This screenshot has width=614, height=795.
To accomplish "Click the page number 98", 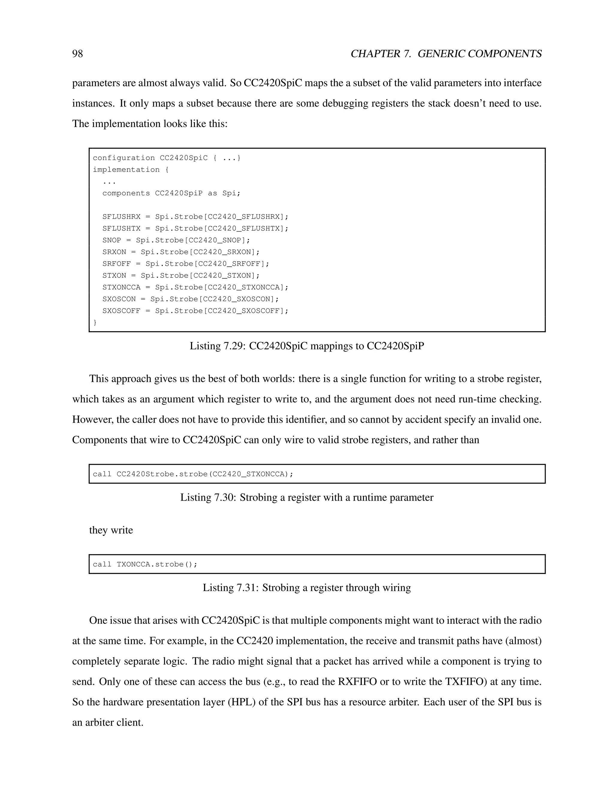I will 77,54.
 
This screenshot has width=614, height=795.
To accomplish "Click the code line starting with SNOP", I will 176,240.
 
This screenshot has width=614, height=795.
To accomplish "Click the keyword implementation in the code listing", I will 126,169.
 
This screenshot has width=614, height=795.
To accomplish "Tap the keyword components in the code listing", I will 126,193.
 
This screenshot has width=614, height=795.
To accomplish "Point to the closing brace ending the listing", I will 95,322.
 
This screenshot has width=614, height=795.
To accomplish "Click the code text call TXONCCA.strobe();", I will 145,564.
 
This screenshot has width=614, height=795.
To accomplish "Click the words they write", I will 111,530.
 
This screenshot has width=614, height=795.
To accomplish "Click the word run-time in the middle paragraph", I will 477,399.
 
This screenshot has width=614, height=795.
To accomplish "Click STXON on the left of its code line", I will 114,276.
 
